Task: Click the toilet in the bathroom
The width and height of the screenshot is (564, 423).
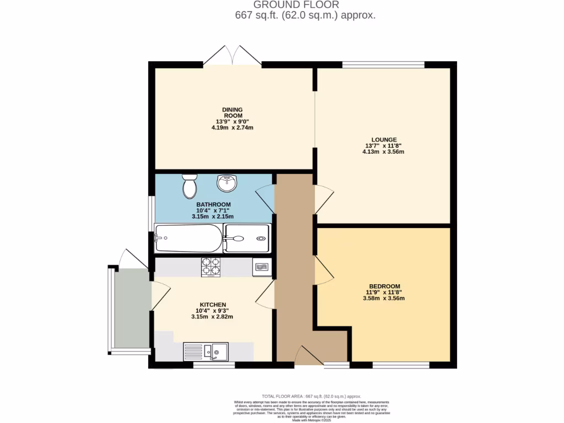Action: pos(189,187)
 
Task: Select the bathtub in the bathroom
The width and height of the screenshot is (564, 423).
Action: pos(188,238)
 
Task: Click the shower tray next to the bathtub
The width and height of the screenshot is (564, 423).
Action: pos(247,238)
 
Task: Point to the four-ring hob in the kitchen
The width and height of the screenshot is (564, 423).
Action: pos(210,267)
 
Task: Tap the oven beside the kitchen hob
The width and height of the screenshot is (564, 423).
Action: pos(262,267)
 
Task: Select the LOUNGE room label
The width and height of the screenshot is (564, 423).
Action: pos(383,139)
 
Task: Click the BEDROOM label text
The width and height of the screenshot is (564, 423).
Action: pos(384,286)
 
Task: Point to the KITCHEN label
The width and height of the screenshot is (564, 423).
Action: pos(213,305)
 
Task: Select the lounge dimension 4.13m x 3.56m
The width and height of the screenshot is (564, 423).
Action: pos(383,151)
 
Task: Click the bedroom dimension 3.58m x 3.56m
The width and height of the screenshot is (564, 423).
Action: pos(384,299)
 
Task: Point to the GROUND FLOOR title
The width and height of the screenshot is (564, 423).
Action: pos(305,5)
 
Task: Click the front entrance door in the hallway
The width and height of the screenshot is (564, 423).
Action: pos(309,356)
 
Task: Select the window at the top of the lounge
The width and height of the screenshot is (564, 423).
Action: pos(383,64)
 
